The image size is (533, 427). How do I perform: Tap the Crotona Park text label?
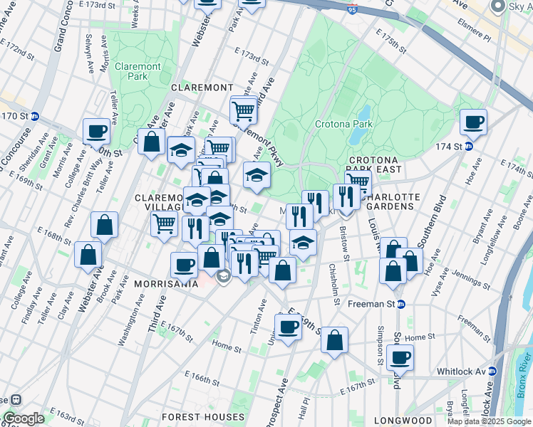click(344, 124)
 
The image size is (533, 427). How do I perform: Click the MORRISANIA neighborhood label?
click(166, 283)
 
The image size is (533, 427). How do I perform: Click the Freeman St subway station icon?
click(400, 304)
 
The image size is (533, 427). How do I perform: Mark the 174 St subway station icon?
click(469, 147)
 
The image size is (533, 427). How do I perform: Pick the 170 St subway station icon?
click(34, 116)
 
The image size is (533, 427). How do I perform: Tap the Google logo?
click(24, 418)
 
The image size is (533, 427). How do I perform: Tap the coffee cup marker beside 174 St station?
click(473, 122)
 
